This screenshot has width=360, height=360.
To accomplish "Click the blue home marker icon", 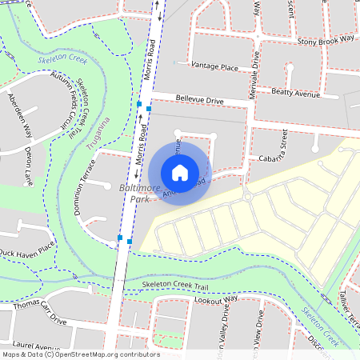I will click(180, 173).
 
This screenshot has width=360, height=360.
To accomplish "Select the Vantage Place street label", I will click(214, 67).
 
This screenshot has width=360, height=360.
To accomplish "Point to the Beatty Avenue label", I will click(295, 94).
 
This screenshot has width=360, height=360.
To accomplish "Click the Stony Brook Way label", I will click(325, 38).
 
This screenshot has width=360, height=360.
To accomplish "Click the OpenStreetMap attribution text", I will click(80, 354).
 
